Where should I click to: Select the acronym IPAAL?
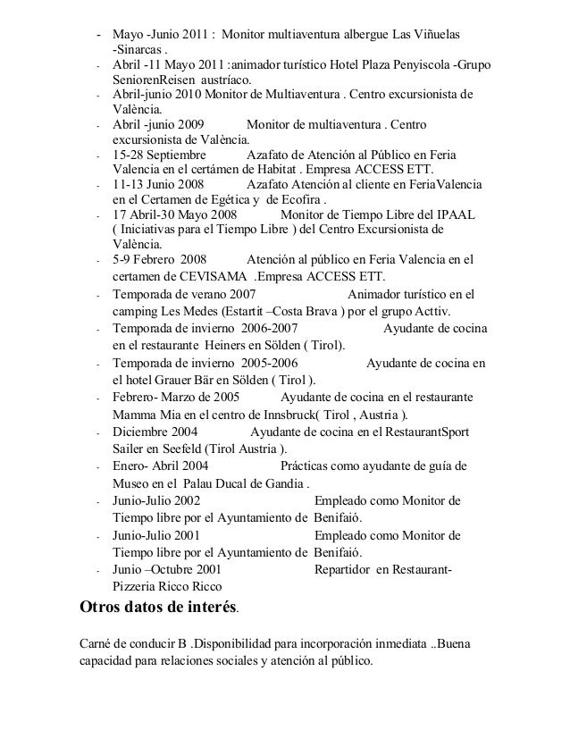pos(457,215)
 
